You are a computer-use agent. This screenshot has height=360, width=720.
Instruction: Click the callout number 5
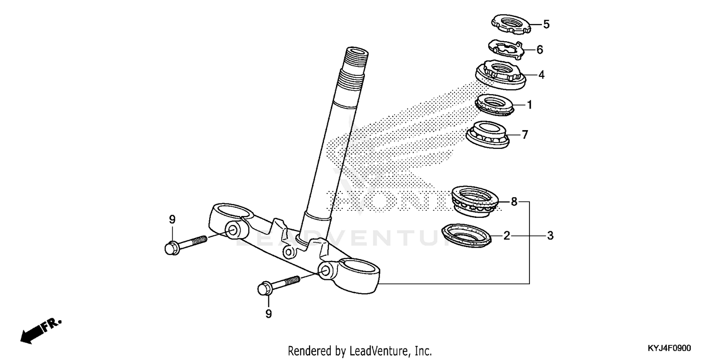click(546, 24)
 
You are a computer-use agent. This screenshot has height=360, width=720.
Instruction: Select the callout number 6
click(540, 49)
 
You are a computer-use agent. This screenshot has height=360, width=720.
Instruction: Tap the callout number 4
click(541, 75)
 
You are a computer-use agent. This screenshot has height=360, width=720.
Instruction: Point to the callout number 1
click(529, 105)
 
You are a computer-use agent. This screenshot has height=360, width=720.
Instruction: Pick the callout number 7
click(525, 135)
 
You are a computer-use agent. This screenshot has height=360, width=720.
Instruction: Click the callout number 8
click(514, 202)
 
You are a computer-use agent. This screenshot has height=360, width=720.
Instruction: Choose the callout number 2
click(506, 236)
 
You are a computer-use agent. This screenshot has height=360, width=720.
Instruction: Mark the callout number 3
click(551, 236)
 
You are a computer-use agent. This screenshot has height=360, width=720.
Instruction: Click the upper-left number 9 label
click(172, 220)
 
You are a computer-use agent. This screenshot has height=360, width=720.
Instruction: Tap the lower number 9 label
click(268, 314)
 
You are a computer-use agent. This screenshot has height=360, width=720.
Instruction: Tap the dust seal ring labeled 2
click(467, 235)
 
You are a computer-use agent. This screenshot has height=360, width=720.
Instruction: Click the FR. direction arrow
click(40, 330)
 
